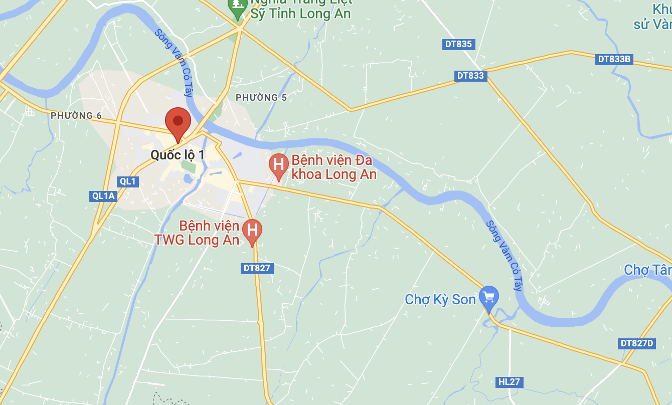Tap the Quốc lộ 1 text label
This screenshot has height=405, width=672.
pyautogui.click(x=178, y=155)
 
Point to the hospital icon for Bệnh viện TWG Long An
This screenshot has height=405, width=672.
pyautogui.click(x=252, y=231)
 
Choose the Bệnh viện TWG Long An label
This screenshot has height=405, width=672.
pyautogui.click(x=197, y=233)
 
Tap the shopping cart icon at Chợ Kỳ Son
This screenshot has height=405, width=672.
pyautogui.click(x=488, y=297)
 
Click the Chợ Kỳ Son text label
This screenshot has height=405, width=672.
pyautogui.click(x=440, y=300)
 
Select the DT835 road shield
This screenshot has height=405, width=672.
pyautogui.click(x=458, y=44)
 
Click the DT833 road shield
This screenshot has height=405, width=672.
pyautogui.click(x=471, y=76)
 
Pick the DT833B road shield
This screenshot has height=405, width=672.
pyautogui.click(x=614, y=59)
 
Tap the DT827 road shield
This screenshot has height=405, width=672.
pyautogui.click(x=257, y=268)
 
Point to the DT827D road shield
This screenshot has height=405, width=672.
pyautogui.click(x=637, y=343)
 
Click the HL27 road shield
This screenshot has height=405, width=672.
pyautogui.click(x=509, y=382)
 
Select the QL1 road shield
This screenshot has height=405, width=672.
pyautogui.click(x=128, y=181)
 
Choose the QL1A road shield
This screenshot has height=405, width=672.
pyautogui.click(x=103, y=196)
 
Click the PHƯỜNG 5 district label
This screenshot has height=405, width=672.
pyautogui.click(x=261, y=98)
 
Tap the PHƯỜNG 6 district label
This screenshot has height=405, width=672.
pyautogui.click(x=76, y=116)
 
